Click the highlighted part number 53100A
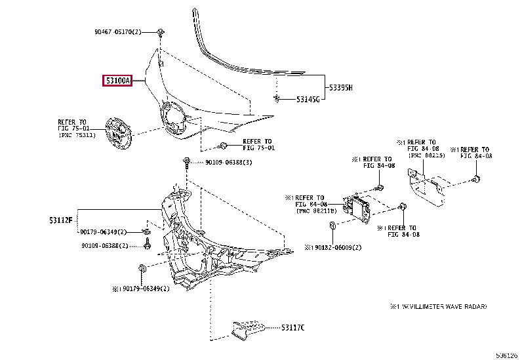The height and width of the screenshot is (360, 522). (117, 81)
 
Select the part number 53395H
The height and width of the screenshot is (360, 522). (340, 88)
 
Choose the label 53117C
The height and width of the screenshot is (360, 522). (294, 327)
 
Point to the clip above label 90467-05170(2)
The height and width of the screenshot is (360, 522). (160, 31)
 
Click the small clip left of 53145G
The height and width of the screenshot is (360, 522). (279, 99)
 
